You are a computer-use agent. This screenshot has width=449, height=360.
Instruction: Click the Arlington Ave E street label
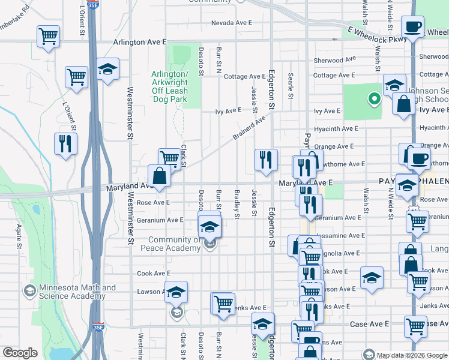click(140, 42)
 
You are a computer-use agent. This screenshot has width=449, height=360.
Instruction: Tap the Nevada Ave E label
click(231, 23)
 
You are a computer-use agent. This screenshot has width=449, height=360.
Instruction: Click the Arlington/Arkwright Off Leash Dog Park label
click(170, 86)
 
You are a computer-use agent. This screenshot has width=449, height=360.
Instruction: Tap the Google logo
click(20, 353)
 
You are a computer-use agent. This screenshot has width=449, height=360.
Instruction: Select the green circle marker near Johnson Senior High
click(374, 98)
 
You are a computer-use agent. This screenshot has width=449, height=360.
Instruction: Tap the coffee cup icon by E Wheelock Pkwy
click(412, 27)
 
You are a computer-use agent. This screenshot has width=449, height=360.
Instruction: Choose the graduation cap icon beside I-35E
click(107, 70)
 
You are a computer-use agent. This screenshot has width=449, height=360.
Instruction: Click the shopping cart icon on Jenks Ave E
click(223, 303)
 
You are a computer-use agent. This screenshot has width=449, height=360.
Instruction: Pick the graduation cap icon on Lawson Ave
click(176, 292)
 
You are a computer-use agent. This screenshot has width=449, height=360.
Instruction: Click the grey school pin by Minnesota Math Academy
click(29, 292)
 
